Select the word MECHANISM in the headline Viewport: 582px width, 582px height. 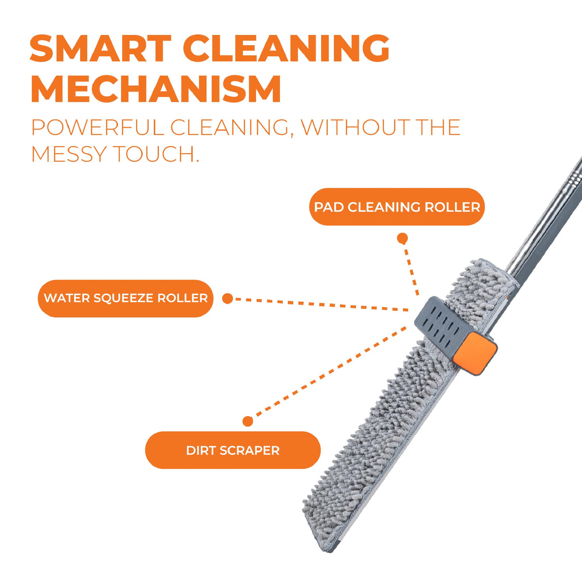pos(156,89)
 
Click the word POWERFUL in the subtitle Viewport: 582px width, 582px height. pos(98,128)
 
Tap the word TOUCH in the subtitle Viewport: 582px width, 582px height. pos(156,154)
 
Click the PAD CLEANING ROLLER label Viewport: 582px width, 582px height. pos(397,207)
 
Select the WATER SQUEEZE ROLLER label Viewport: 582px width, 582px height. pos(126,298)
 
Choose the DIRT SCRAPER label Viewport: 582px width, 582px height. pos(233,450)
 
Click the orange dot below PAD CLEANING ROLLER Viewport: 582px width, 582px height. pos(402,239)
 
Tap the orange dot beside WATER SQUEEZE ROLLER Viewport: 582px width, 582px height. pos(227,299)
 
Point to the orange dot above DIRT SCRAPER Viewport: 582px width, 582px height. pos(248,421)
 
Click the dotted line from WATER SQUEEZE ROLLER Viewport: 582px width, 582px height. pos(321,305)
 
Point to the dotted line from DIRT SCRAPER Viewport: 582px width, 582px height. pos(329,372)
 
